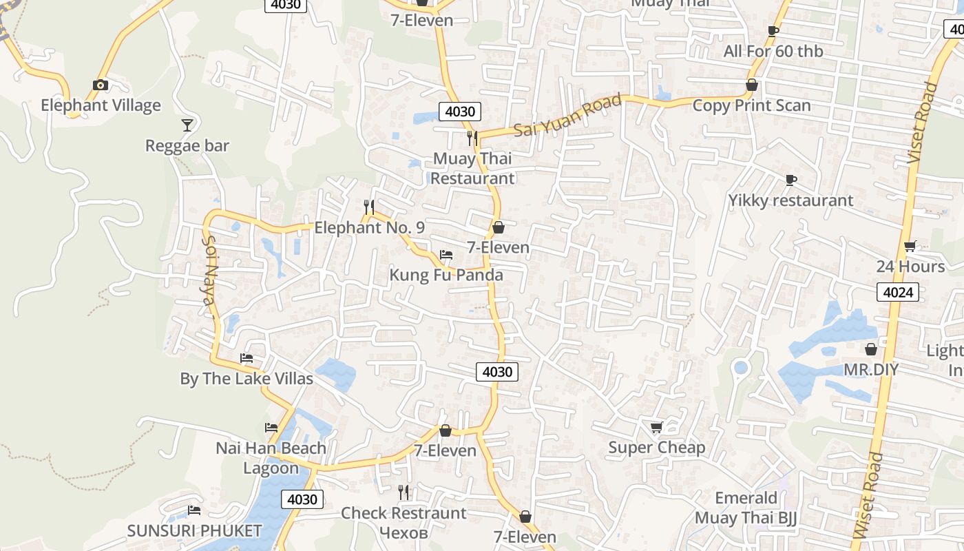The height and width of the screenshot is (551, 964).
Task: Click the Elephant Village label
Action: pos(101,105)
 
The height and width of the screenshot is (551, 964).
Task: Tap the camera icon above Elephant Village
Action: pos(101,85)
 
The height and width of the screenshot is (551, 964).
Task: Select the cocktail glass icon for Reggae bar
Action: pos(187,125)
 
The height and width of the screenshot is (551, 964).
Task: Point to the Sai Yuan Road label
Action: pos(567,115)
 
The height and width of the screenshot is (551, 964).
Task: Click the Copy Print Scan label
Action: pos(751,105)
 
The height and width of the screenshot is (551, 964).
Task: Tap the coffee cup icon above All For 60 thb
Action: pos(773,31)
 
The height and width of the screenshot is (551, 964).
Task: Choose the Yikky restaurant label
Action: pos(790,200)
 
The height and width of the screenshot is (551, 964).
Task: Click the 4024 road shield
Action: pos(898,292)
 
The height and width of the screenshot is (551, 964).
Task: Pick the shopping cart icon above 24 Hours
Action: pos(910,246)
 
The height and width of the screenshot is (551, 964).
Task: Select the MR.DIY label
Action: pos(871,370)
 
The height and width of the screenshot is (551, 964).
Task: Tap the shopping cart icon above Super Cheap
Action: pos(656,428)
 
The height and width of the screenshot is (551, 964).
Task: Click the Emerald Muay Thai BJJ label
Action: pos(746,508)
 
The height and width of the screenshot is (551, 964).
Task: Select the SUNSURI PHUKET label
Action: pos(194,531)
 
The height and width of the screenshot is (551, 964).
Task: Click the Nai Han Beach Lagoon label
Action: pos(271,458)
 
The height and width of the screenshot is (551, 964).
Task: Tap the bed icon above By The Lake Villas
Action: pos(246,358)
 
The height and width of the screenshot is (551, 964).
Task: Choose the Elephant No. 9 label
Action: pos(369,227)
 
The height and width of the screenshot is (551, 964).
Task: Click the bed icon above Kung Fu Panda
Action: pos(446,255)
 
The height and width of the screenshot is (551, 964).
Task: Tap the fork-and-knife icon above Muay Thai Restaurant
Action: pos(472,138)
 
